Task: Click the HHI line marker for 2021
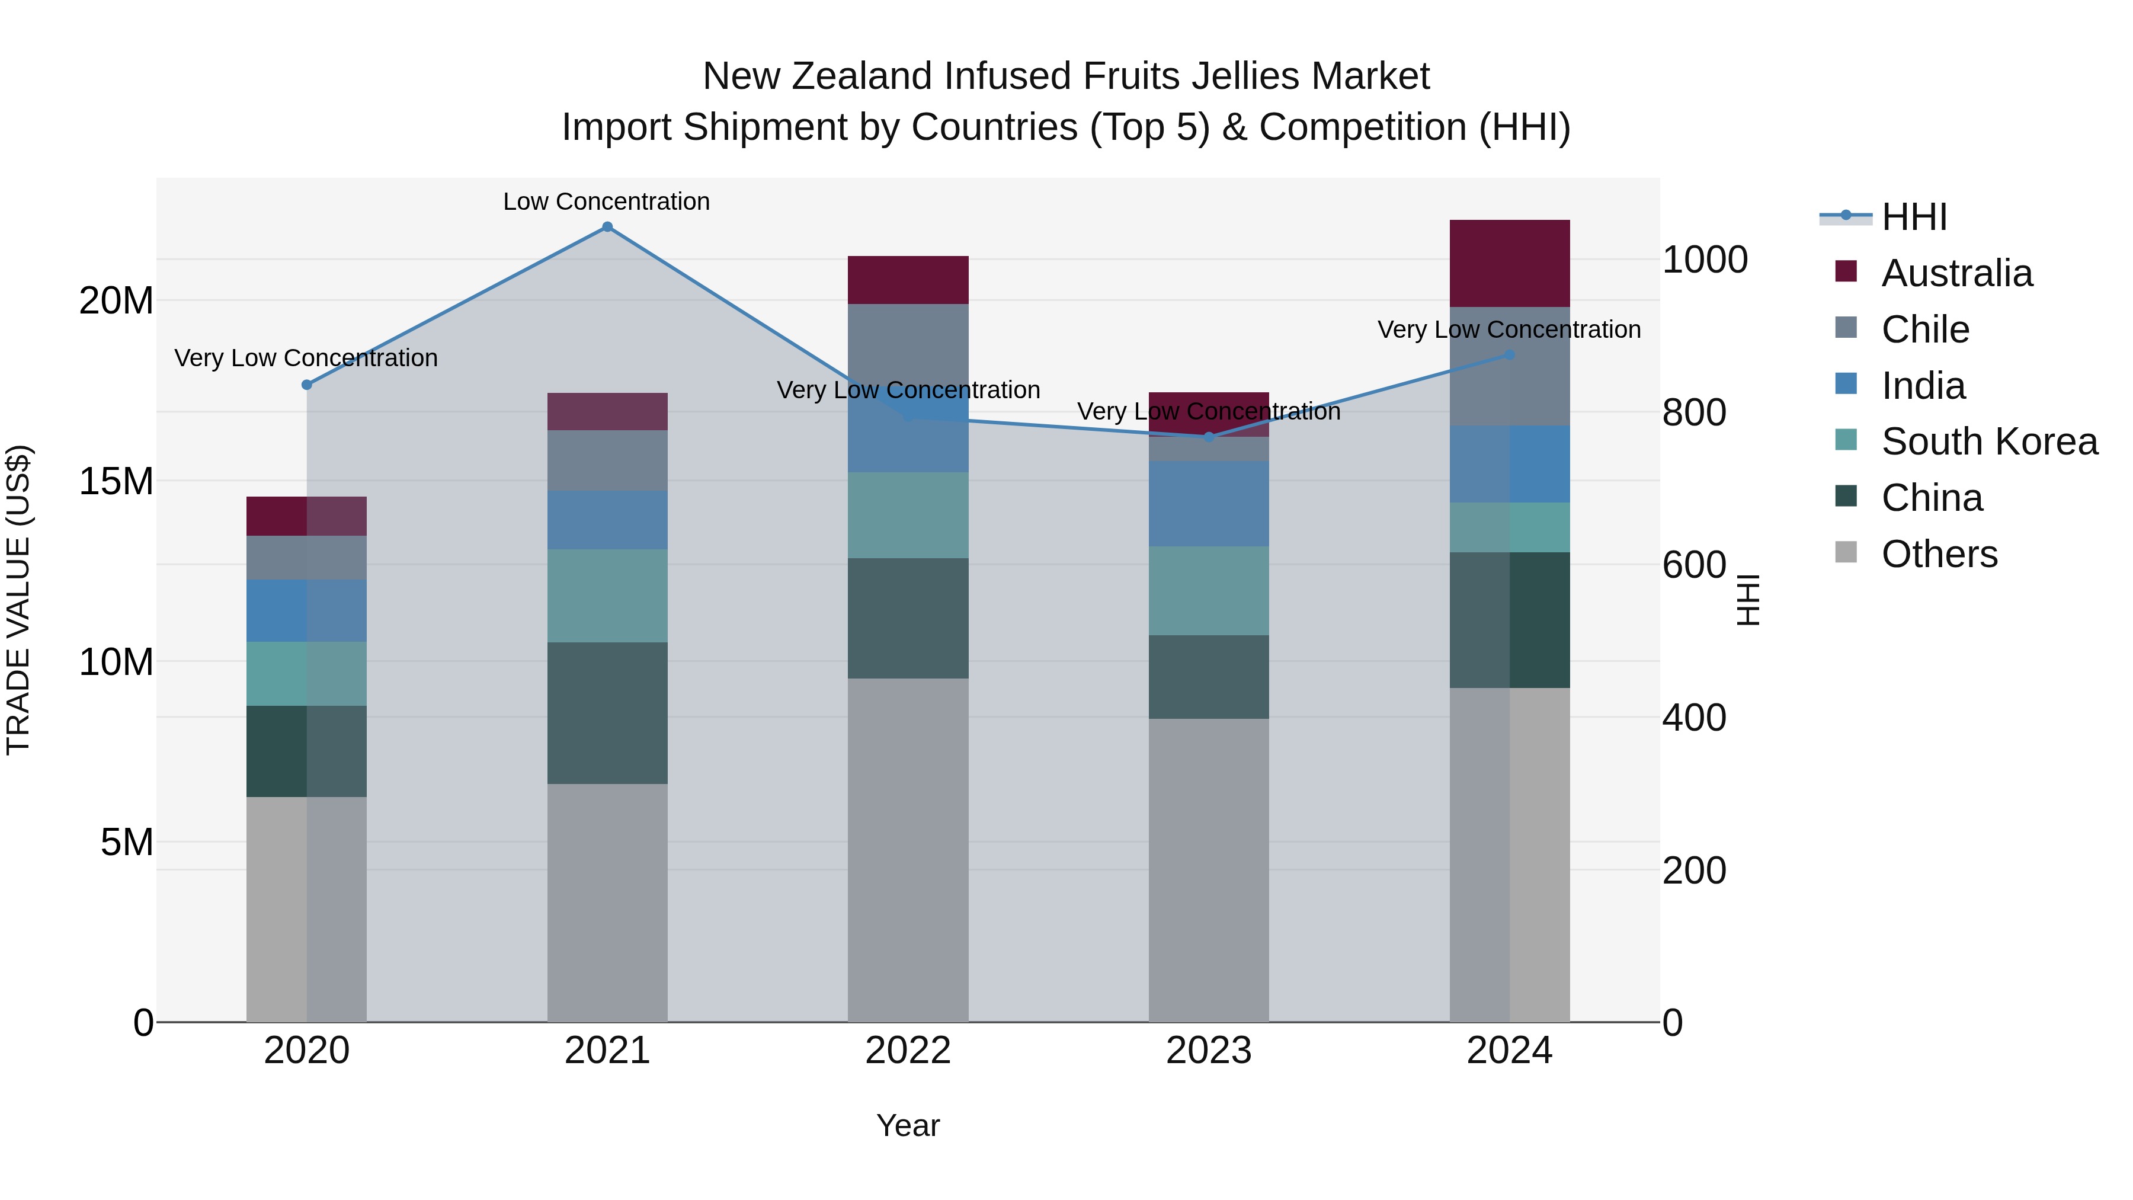tap(607, 227)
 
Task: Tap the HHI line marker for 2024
tap(1509, 354)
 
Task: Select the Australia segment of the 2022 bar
tap(908, 280)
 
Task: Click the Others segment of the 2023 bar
tap(1208, 869)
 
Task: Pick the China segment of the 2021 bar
tap(607, 712)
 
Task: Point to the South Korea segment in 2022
tap(908, 515)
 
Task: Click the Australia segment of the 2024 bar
tap(1509, 263)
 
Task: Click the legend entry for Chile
tap(1924, 329)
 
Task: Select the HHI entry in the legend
tap(1913, 217)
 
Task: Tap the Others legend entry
tap(1939, 554)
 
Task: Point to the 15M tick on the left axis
tap(116, 481)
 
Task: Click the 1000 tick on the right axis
tap(1704, 260)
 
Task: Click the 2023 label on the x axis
tap(1208, 1051)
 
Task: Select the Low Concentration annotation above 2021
tap(606, 201)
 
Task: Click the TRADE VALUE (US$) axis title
tap(18, 600)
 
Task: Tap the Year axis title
tap(908, 1125)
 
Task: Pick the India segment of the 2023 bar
tap(1208, 504)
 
